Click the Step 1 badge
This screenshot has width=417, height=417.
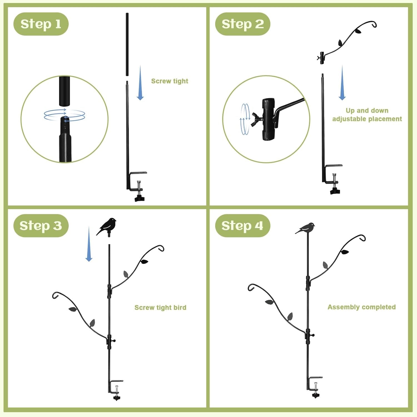coord(41,24)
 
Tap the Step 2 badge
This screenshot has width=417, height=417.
coord(243,24)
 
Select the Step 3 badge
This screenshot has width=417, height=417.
coord(41,225)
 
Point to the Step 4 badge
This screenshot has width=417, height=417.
coord(243,225)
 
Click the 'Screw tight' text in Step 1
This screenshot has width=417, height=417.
coord(170,81)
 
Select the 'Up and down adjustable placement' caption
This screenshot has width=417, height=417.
coord(367,115)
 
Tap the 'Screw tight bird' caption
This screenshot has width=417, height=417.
coord(160,307)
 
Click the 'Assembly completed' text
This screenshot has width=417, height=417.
coord(361,307)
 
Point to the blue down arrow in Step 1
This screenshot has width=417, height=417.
coord(140,83)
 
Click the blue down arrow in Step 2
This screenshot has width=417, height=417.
coord(342,83)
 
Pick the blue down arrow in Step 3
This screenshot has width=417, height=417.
coord(89,245)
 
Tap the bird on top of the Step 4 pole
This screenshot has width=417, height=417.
coord(306,228)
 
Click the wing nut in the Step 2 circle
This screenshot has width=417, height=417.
coord(256,119)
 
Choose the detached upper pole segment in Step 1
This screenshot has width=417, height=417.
coord(127,44)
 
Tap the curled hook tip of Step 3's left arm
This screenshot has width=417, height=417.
coord(56,295)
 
